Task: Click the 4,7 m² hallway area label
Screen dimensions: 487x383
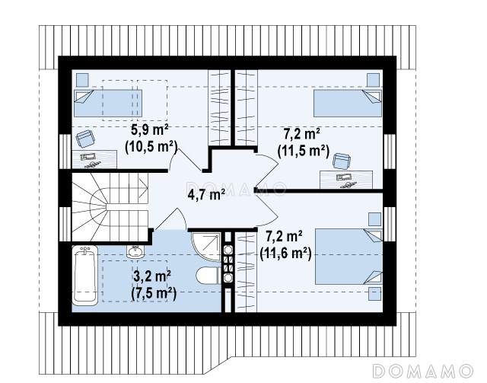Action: [x=206, y=195]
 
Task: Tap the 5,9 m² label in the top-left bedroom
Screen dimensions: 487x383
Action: [x=150, y=129]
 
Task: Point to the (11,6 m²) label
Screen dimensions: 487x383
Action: [x=285, y=254]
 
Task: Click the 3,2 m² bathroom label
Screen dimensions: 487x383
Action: [x=152, y=276]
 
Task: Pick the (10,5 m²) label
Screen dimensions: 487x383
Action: [x=151, y=147]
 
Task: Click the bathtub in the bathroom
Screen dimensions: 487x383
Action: [x=84, y=276]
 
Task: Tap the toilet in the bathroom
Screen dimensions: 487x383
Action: [x=208, y=276]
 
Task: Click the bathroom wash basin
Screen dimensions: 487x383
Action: [x=135, y=251]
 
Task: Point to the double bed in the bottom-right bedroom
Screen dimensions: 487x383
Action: [x=349, y=257]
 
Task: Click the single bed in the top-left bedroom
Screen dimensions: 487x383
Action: [x=108, y=104]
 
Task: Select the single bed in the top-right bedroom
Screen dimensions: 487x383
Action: [x=348, y=104]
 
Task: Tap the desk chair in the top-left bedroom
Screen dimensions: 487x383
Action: [x=85, y=139]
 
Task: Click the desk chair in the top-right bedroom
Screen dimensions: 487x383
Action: [x=342, y=161]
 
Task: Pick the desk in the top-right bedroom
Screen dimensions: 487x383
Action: [x=346, y=180]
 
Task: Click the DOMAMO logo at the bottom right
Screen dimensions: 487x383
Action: [x=423, y=371]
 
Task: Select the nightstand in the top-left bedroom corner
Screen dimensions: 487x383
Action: [x=82, y=80]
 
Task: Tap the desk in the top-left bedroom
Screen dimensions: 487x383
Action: [x=94, y=159]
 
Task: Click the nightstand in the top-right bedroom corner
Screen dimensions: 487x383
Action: [x=373, y=80]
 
